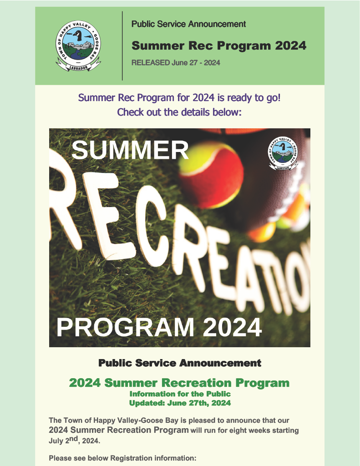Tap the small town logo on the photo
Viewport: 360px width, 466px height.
(283, 153)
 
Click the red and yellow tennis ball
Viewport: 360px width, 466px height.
(211, 174)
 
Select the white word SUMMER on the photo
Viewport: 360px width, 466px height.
(130, 150)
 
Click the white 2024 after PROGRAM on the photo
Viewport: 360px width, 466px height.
(233, 327)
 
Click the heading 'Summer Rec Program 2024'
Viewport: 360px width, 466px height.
(219, 46)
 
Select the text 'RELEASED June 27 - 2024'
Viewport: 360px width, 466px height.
(176, 63)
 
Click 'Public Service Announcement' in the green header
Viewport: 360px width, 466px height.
(188, 24)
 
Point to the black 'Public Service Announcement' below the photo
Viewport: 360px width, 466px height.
(180, 363)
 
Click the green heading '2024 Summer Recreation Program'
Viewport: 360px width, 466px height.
(179, 383)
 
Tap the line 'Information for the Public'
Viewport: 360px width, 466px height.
(180, 394)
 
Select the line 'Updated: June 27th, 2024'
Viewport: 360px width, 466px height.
(180, 403)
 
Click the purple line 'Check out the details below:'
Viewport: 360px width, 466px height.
(179, 112)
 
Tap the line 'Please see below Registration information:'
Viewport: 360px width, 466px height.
(122, 458)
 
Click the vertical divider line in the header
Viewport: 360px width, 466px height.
(122, 46)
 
